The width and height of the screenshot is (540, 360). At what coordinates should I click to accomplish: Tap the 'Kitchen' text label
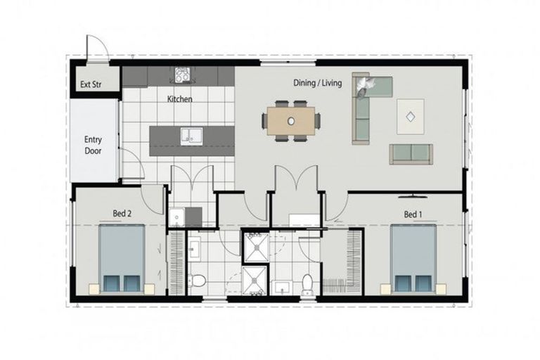[179, 99]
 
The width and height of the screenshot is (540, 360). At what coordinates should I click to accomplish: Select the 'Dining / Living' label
[317, 83]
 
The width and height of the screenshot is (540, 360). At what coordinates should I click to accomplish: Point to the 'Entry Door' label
[94, 145]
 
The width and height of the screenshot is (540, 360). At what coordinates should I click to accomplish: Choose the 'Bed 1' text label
[413, 212]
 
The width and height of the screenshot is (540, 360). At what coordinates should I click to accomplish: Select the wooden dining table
[291, 120]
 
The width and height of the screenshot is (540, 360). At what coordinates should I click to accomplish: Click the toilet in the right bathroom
[307, 284]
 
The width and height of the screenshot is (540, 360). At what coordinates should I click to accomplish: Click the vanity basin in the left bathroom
[194, 247]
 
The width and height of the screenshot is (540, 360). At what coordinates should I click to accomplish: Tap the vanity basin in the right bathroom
[283, 287]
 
